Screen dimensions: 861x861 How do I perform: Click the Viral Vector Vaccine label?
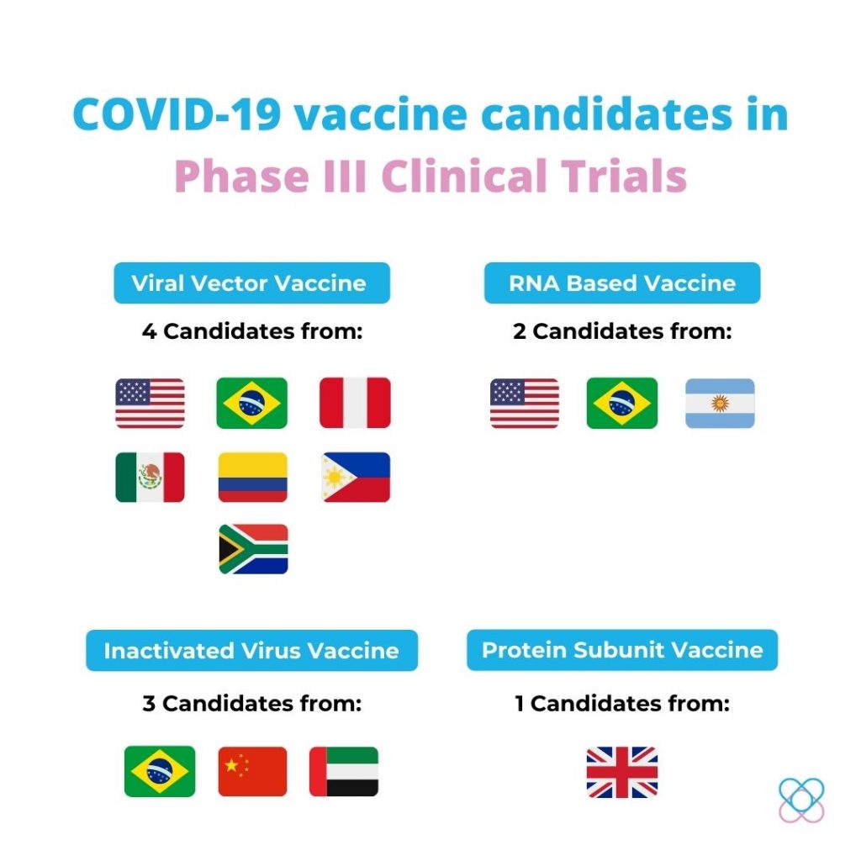click(x=252, y=283)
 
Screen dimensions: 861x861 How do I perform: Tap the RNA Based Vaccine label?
click(x=622, y=283)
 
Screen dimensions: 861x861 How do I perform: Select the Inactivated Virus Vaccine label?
click(x=252, y=650)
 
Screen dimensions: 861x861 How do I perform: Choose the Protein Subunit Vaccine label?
click(x=622, y=650)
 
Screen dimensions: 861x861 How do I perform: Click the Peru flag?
click(x=356, y=403)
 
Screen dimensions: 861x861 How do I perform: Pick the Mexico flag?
click(x=150, y=478)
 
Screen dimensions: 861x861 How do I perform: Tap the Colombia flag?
click(x=252, y=478)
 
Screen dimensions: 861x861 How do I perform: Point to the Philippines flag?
click(x=356, y=478)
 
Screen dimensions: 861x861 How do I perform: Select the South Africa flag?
click(x=253, y=549)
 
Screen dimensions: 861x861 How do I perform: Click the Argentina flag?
click(x=720, y=403)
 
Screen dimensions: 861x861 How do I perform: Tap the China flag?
click(x=252, y=772)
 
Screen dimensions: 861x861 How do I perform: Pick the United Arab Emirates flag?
click(x=344, y=772)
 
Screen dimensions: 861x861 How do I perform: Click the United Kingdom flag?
click(x=622, y=772)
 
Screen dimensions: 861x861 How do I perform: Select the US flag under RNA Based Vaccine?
click(x=525, y=403)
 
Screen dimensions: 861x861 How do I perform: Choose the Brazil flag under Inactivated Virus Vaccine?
click(x=160, y=772)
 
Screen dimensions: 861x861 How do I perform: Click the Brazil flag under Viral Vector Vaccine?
click(x=252, y=403)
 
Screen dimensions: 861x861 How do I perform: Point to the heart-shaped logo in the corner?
click(x=801, y=800)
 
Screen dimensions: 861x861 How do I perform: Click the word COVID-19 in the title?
click(x=177, y=114)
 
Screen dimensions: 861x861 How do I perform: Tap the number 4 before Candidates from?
click(x=149, y=331)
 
